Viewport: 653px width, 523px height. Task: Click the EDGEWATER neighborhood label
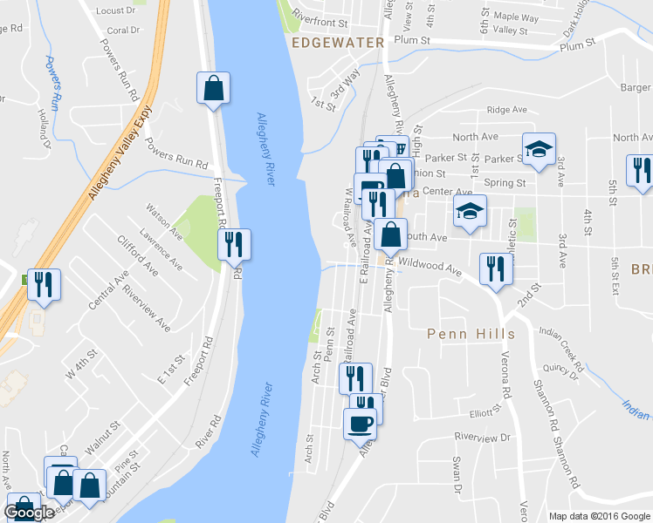338,42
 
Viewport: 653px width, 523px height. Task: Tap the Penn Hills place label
471,334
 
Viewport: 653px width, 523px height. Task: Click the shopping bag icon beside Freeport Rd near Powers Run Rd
213,87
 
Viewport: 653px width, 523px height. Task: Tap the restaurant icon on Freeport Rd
234,245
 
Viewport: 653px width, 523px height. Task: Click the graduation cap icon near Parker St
539,147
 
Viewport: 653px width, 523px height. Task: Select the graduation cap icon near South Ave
470,211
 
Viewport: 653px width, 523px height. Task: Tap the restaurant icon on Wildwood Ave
496,268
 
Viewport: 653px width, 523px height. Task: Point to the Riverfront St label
320,17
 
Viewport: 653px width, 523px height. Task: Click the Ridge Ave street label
507,110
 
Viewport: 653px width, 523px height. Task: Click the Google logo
29,513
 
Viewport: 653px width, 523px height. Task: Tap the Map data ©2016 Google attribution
599,516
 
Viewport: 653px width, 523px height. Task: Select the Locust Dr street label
118,10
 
